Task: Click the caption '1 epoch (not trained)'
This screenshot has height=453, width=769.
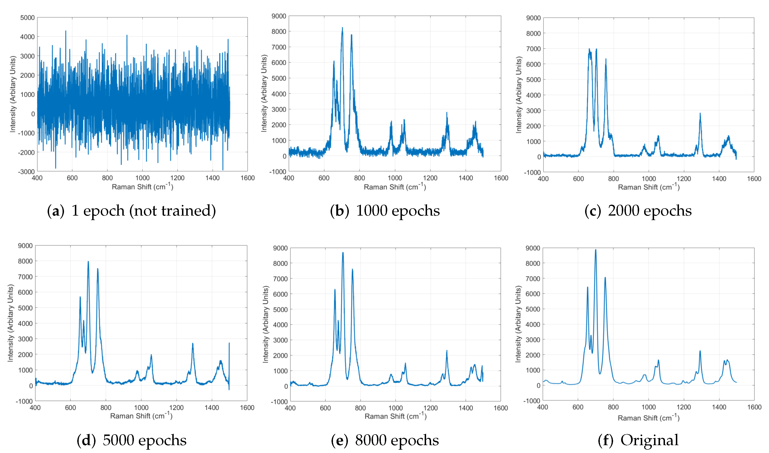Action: coord(131,211)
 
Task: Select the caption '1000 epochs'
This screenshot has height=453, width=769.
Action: coord(385,211)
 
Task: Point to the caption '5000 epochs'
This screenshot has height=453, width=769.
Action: coord(131,440)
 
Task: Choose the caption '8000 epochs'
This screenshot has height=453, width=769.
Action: coord(385,440)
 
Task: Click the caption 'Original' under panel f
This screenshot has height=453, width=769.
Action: coord(638,440)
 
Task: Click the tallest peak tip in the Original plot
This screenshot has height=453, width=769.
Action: coord(595,250)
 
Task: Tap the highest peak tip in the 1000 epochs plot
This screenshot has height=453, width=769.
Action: coord(342,28)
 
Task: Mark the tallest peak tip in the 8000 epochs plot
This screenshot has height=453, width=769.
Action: coord(343,253)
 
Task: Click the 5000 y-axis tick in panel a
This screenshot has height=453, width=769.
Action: coord(27,18)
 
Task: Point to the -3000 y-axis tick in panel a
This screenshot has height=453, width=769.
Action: coord(27,172)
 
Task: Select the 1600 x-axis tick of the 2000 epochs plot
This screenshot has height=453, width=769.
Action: coord(754,179)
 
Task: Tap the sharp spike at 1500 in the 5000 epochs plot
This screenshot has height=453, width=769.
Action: coord(229,343)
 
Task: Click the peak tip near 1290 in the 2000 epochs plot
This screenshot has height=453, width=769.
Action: coord(700,113)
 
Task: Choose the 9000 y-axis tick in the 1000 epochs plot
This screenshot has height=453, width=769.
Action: coord(279,16)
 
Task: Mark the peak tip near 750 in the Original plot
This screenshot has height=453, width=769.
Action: coord(605,278)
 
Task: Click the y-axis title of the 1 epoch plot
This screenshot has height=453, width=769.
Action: coord(13,94)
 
